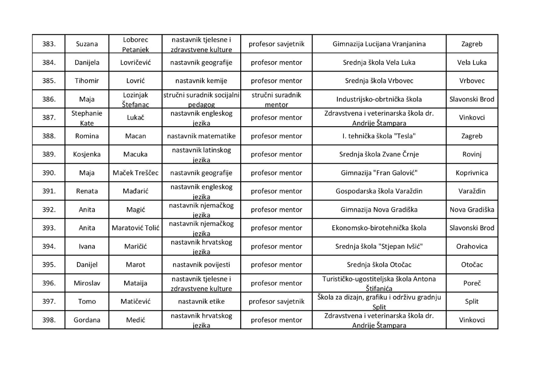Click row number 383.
(49, 44)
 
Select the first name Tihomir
(87, 81)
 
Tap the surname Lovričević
(135, 63)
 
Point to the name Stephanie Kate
(87, 118)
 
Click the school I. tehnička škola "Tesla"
(379, 136)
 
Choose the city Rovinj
(472, 155)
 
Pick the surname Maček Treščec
(135, 173)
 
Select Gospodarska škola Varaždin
(379, 191)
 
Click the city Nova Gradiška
(472, 210)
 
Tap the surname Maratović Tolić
(135, 228)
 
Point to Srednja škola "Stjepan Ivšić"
(379, 246)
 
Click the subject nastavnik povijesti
(201, 265)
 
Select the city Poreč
(472, 283)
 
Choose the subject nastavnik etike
(201, 301)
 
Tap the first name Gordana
(87, 320)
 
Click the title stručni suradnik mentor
(276, 100)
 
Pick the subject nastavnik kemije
(201, 81)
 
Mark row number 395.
(49, 265)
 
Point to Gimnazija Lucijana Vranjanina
(379, 44)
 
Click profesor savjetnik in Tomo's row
(276, 301)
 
